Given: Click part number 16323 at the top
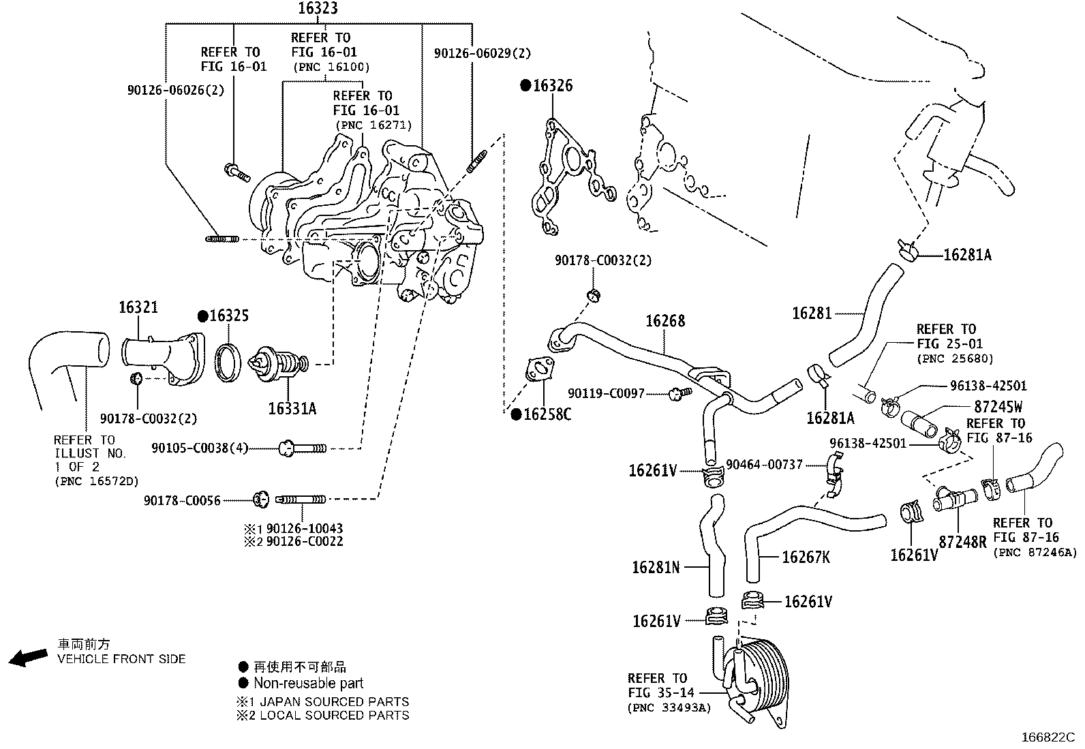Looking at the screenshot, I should pos(318,8).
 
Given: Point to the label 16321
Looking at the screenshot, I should pos(138,307).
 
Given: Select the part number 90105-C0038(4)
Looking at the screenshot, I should pos(199,448).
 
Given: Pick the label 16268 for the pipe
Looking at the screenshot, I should pos(665,320).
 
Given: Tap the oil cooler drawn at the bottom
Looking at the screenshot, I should pos(757,678).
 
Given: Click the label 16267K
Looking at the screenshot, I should pos(806,557).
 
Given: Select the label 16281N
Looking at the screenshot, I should pos(656,566).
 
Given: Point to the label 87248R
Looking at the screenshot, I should pos(962,542).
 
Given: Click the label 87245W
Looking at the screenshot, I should pos(998,407).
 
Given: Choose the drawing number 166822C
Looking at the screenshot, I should pos(1047,737).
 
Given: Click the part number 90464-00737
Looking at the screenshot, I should pos(764,464).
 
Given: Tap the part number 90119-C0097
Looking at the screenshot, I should pos(606,393).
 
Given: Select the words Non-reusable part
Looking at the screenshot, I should pos(309,683).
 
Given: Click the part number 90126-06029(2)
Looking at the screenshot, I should pos(483,52).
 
